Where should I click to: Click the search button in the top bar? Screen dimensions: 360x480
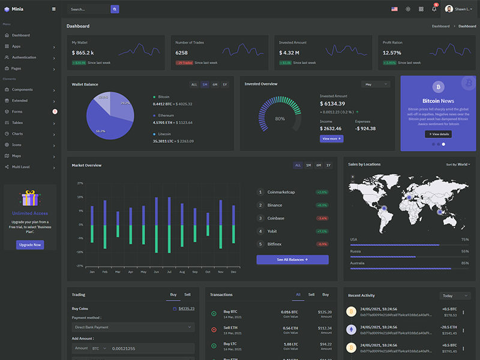click(115, 9)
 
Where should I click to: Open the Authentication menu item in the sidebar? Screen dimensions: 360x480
click(24, 58)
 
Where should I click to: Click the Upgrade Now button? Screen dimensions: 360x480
click(30, 245)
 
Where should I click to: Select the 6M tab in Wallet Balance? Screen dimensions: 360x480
click(215, 85)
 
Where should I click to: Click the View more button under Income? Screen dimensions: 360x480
click(331, 139)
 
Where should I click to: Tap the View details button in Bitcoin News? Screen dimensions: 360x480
click(437, 134)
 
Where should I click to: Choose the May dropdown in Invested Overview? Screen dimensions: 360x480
click(375, 85)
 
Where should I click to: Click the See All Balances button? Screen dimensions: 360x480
click(292, 260)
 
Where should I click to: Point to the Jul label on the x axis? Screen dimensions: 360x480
click(169, 272)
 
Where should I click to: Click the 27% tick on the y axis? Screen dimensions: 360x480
click(80, 184)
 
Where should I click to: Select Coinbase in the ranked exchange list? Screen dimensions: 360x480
click(276, 218)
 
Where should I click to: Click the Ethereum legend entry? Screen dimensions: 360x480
click(166, 115)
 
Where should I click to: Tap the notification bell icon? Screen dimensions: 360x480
click(434, 9)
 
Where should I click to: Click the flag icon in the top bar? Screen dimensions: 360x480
click(394, 9)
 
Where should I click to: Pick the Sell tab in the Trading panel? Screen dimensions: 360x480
click(187, 295)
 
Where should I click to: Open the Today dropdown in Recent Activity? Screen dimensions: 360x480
click(455, 296)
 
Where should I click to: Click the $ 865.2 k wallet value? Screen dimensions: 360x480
click(83, 53)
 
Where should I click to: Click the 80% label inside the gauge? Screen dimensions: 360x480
click(280, 119)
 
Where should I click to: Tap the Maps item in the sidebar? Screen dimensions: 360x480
click(17, 156)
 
